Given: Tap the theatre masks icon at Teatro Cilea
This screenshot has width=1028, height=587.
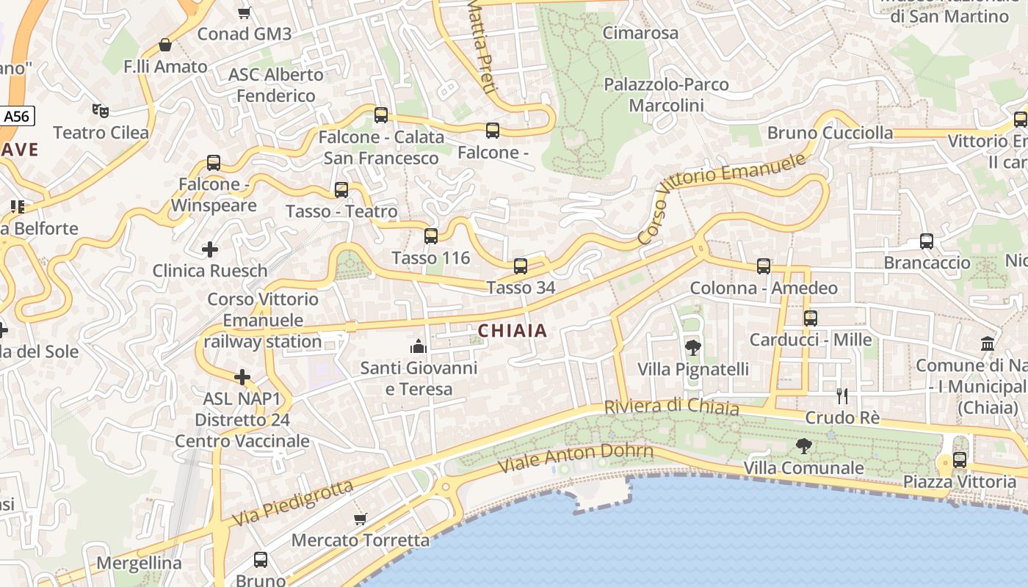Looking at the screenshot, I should coord(101,111).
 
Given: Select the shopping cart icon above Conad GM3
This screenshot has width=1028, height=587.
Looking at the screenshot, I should coord(245,12).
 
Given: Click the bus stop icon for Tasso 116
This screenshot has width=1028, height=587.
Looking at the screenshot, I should coord(431,236).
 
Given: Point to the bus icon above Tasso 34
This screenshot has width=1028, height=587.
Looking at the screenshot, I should coord(521,266).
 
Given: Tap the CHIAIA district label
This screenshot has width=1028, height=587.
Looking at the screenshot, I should coord(513,331).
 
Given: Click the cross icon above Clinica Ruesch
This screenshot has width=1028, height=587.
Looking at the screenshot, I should coord(210,249).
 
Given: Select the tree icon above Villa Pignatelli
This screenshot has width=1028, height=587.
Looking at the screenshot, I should coord(692,347).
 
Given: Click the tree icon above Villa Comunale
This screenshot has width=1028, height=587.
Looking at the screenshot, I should coord(804,445).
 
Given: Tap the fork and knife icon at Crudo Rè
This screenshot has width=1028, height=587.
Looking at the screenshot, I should coord(842,396).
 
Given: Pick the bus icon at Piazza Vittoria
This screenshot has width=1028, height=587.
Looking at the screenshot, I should coord(960,460).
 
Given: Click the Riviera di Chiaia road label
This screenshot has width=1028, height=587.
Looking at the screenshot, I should coord(671,406).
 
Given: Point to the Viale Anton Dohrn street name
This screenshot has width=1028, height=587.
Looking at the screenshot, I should coord(575,457).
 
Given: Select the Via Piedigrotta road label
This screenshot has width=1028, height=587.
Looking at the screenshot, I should coord(292,503).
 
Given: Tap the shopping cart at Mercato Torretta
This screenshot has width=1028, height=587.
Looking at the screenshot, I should coord(360,519).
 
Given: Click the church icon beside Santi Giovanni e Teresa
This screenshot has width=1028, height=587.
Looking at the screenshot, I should coord(419,346).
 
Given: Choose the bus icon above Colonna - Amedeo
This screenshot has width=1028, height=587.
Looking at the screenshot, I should coord(764,266).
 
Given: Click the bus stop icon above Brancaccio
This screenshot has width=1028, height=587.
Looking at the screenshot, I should coord(927,241).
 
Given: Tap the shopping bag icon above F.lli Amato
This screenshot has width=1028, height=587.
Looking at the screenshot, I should coord(165,45).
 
